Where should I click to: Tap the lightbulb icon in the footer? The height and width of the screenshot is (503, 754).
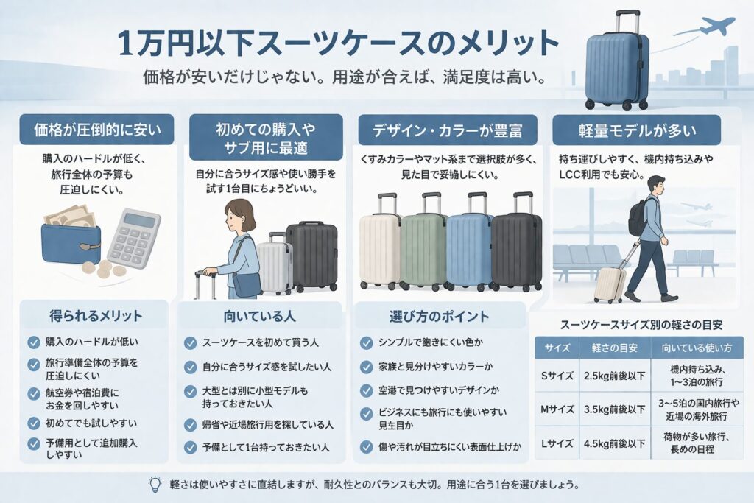coord(155,485)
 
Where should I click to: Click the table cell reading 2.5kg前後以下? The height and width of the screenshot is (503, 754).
coord(615,376)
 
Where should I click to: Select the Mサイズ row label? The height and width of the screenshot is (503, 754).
coord(557,409)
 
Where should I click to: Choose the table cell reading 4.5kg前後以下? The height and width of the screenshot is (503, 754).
coord(615,443)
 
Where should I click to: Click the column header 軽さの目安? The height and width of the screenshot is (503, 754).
coord(615,348)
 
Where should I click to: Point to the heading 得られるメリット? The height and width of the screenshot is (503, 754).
coord(96,315)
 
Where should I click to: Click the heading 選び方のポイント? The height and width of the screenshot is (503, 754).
coord(439,316)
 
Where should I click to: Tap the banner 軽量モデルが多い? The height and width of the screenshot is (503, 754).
coord(637,130)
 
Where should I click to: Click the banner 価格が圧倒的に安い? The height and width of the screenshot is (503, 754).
coord(96,130)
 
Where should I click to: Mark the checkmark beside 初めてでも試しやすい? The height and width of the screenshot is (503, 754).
coord(34,423)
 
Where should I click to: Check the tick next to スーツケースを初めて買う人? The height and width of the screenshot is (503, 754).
coord(191,343)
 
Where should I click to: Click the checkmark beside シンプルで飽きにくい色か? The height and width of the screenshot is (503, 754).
coord(367,342)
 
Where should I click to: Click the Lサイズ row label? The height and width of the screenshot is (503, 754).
coord(557,443)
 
